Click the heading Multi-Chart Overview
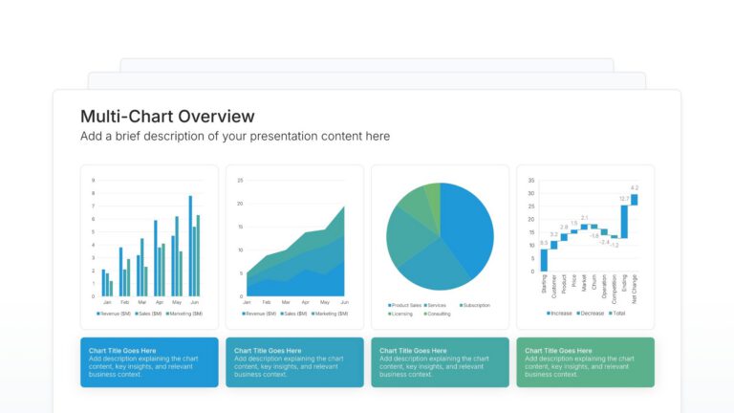click(167, 117)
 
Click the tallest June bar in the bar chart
click(190, 246)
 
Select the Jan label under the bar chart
click(106, 302)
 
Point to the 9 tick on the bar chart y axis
click(93, 180)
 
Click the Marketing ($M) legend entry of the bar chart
click(183, 314)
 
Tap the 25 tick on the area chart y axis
click(241, 180)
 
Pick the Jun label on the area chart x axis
click(343, 302)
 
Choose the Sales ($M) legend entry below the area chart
click(294, 314)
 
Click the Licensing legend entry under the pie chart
click(402, 314)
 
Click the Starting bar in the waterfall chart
click(544, 259)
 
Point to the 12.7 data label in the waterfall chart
click(624, 199)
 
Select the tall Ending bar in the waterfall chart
click(624, 222)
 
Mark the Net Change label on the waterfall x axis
click(634, 287)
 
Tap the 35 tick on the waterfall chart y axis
click(530, 180)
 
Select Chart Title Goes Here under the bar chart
click(121, 351)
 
